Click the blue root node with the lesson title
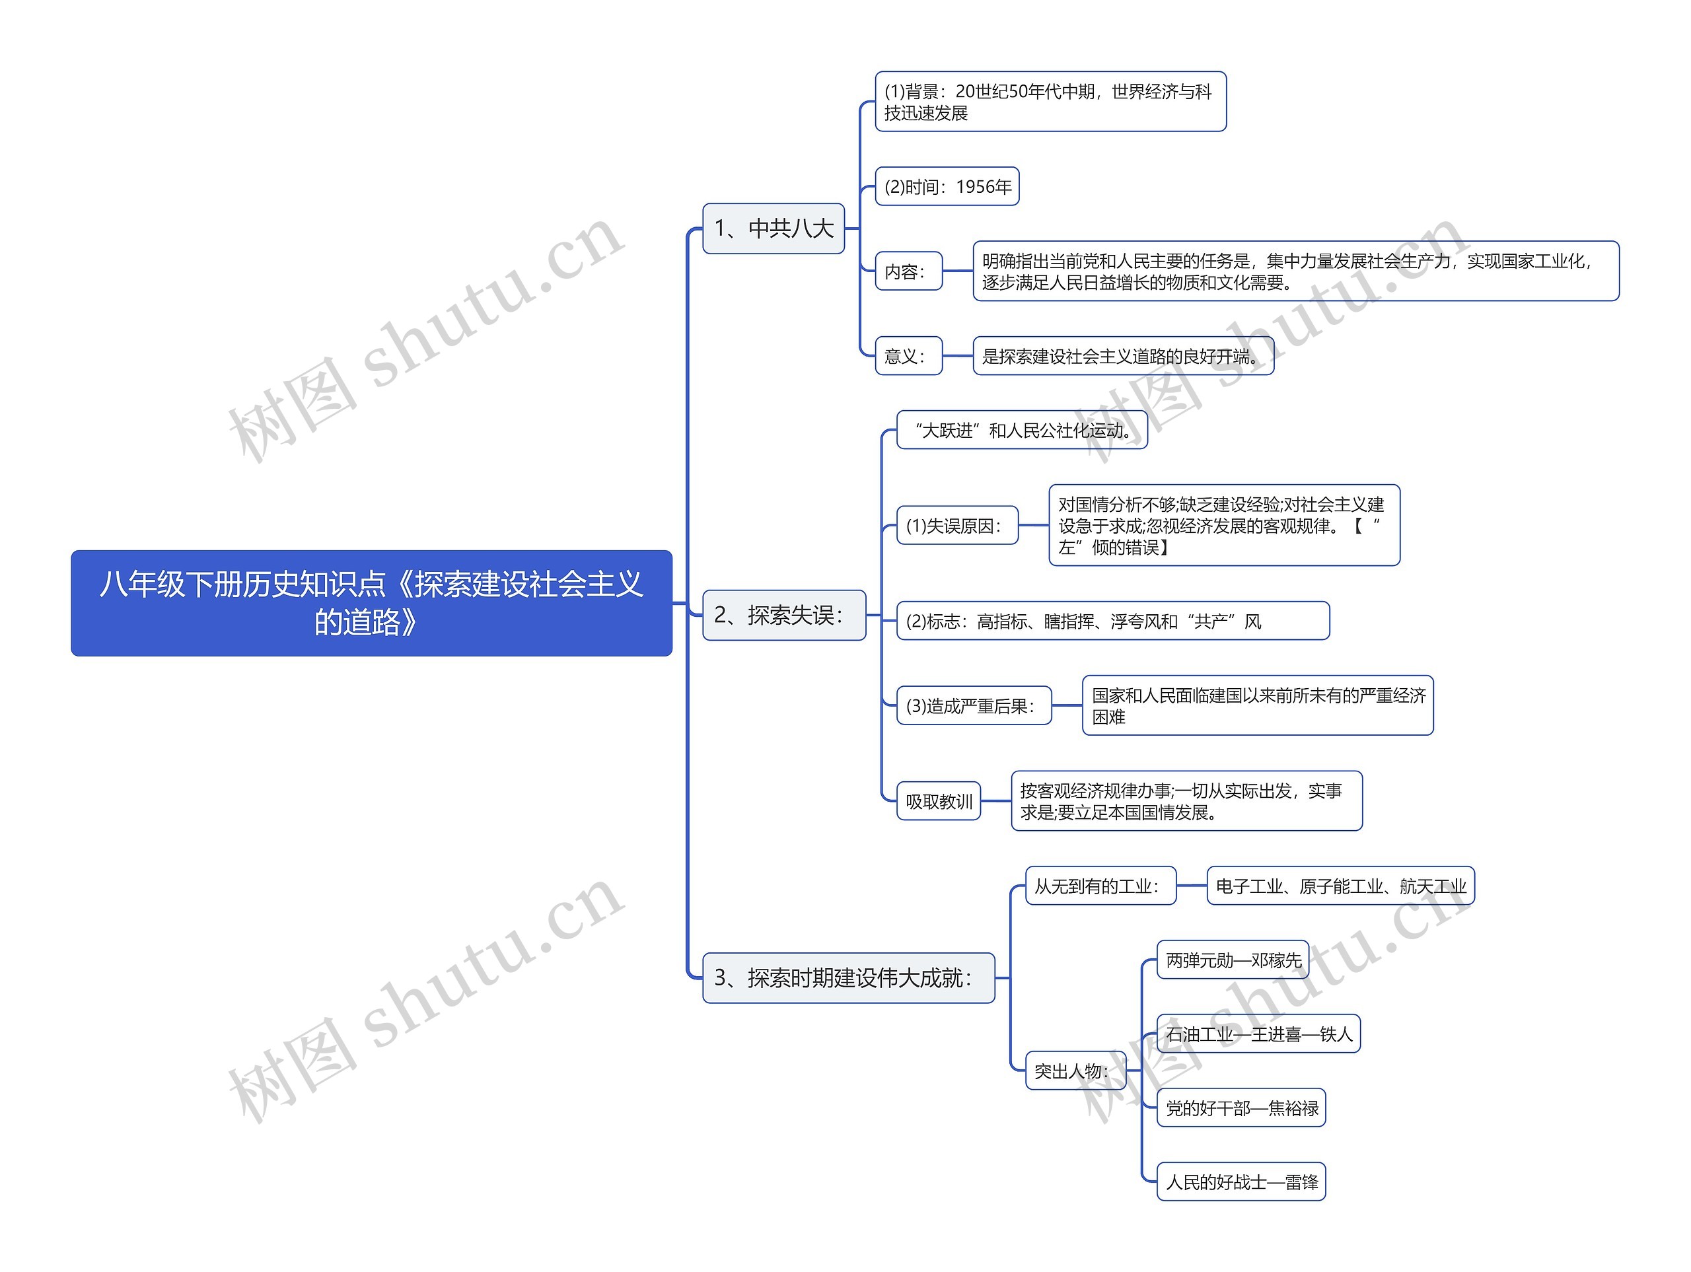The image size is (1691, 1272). tap(371, 602)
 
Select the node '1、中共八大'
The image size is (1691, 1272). tap(773, 228)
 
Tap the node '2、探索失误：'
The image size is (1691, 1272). tap(783, 615)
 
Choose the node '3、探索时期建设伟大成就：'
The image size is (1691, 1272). tap(847, 977)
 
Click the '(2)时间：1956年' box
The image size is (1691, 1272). tap(947, 186)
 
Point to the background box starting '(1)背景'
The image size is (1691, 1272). tap(1050, 102)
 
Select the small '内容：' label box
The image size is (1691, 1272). tap(908, 271)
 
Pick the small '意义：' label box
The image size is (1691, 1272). tap(908, 355)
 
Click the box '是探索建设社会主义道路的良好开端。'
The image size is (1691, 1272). tap(1122, 355)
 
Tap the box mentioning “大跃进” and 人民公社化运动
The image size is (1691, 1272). tap(1021, 431)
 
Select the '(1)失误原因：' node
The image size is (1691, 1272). tap(956, 525)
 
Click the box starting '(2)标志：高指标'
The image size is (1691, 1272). tap(1112, 621)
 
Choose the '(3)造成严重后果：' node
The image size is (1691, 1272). tap(973, 705)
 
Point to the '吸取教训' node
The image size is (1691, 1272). tap(938, 801)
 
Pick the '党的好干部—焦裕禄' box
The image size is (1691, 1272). tap(1240, 1108)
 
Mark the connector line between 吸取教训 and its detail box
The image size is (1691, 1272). tap(995, 801)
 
